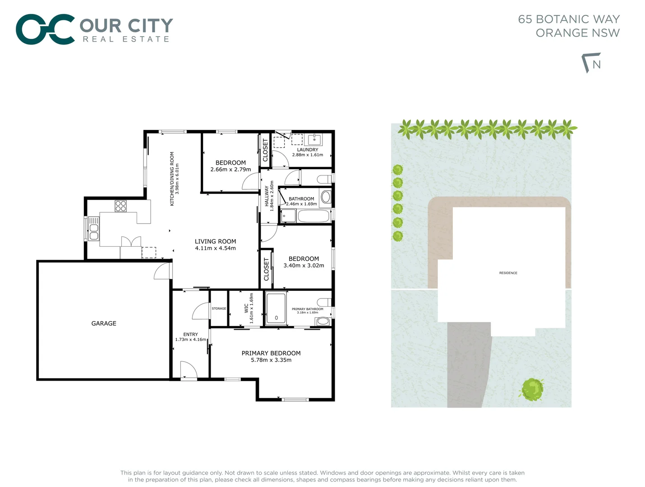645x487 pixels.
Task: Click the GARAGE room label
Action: (x=104, y=323)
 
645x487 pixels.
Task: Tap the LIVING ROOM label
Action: (x=215, y=242)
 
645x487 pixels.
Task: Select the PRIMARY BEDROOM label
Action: (x=271, y=353)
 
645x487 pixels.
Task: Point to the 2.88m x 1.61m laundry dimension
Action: (x=308, y=155)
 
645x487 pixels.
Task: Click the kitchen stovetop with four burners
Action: (x=120, y=206)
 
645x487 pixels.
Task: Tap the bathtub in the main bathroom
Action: (x=313, y=216)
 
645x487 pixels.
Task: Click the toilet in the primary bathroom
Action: (x=324, y=302)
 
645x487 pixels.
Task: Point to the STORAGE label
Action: (x=219, y=308)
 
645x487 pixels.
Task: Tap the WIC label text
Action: (x=246, y=308)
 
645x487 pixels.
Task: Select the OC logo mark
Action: (x=45, y=29)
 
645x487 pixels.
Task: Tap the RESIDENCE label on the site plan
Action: (x=508, y=273)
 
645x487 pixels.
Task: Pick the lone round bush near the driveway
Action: (x=532, y=389)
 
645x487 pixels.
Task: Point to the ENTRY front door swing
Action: (x=189, y=370)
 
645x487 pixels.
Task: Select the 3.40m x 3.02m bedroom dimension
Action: (x=304, y=266)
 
